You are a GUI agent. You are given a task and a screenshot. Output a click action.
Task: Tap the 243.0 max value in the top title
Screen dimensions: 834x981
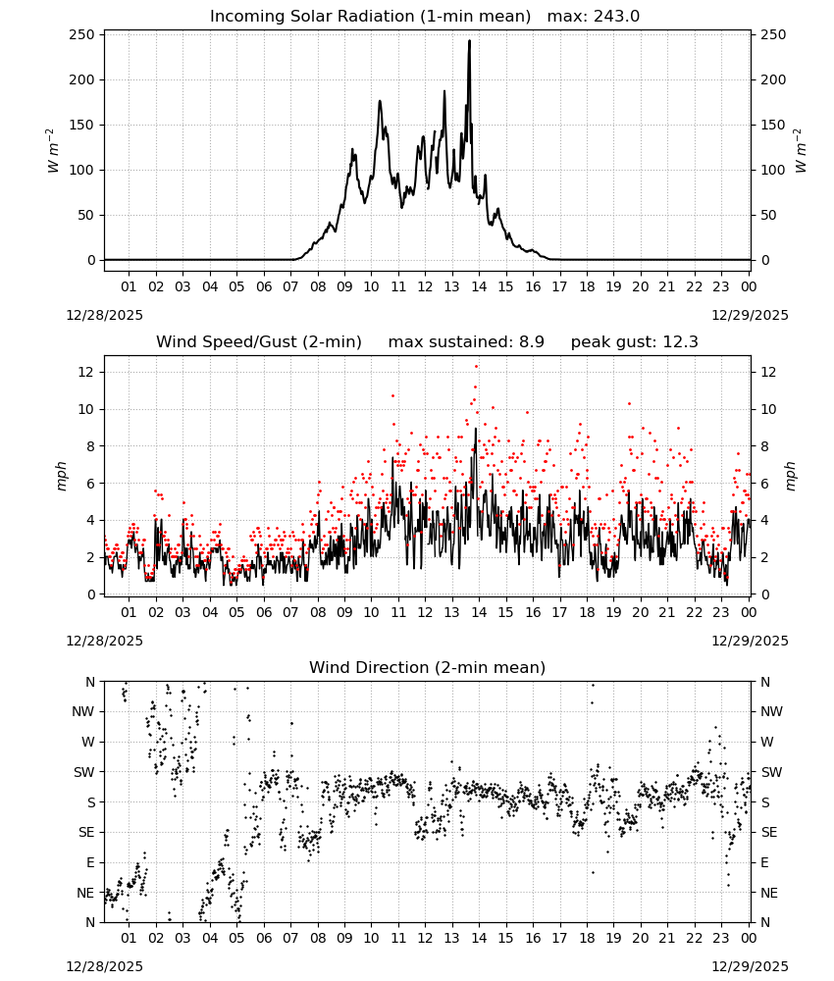coord(616,16)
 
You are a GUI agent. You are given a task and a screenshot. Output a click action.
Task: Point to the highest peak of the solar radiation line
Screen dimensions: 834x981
coord(469,41)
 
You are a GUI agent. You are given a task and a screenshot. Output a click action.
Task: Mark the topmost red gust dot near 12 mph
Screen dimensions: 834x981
coord(476,367)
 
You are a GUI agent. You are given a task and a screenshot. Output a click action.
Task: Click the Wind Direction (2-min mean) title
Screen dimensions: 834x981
coord(428,667)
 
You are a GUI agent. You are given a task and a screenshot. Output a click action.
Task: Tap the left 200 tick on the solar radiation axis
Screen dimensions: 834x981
coord(82,79)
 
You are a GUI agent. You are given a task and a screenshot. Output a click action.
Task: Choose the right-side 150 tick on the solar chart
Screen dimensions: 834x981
coord(773,125)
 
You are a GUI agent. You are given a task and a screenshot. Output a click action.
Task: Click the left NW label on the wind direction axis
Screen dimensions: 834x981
coord(83,711)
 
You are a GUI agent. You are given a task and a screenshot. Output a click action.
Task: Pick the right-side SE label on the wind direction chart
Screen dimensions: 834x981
coord(769,832)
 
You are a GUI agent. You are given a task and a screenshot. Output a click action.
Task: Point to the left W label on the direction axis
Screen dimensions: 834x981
coord(88,742)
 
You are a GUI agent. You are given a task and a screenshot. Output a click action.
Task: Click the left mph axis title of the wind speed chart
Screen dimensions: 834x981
coord(61,476)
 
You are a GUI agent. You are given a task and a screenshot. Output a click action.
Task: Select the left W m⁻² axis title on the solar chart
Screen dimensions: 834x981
coord(53,151)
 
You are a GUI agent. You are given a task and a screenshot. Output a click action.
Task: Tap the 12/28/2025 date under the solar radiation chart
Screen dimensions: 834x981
coord(104,315)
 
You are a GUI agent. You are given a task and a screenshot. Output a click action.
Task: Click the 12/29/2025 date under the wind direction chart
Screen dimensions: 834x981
coord(750,966)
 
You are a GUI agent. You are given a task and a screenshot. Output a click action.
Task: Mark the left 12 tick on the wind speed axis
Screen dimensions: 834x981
coord(86,372)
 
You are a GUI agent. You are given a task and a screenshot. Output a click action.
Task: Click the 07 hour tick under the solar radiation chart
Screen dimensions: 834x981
coord(290,286)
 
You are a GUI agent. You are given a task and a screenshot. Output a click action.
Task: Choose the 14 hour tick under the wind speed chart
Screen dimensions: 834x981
coord(479,612)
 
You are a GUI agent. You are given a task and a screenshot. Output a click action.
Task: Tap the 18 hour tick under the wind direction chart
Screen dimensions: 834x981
coord(587,938)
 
